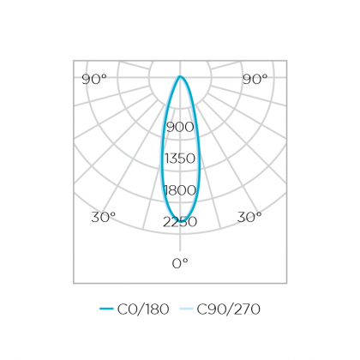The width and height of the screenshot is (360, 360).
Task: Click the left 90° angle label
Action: [94, 79]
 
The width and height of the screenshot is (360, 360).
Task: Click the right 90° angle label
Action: [255, 79]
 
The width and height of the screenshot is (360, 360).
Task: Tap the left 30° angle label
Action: [104, 217]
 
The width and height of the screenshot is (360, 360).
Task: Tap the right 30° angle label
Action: [249, 217]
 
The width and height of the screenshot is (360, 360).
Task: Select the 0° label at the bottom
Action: [180, 263]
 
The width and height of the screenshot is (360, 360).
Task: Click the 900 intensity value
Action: [180, 127]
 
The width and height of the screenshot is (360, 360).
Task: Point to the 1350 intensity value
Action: [180, 159]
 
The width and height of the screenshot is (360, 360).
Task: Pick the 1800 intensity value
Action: [180, 190]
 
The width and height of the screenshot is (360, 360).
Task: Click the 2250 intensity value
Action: [180, 222]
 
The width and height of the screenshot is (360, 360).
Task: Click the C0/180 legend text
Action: [143, 309]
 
